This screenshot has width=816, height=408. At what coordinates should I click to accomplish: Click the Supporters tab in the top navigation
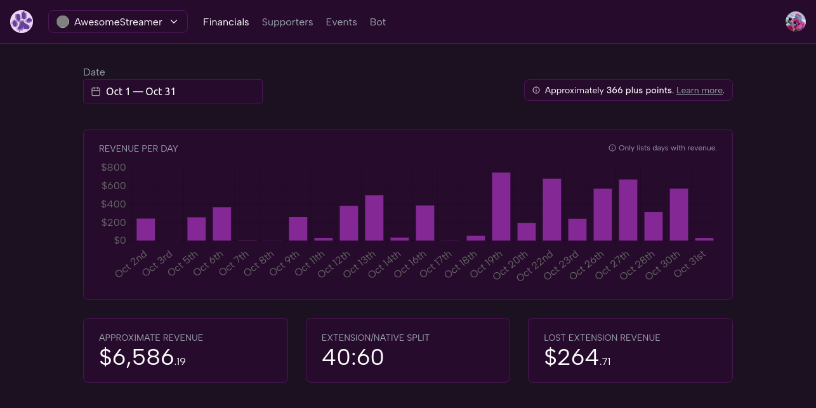(287, 22)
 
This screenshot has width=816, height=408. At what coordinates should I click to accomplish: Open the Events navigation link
(341, 22)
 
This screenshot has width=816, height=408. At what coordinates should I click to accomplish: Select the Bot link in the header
(378, 22)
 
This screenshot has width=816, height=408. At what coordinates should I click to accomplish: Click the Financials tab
(226, 22)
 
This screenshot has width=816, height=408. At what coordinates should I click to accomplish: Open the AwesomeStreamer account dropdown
(118, 22)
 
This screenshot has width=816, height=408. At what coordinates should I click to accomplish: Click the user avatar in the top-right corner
(795, 22)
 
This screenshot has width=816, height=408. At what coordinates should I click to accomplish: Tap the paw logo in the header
(22, 22)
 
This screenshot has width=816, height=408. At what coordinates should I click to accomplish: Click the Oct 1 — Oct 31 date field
(173, 91)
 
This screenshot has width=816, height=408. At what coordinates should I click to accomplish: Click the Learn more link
(699, 91)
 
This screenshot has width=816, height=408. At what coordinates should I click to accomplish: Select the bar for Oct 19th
(501, 206)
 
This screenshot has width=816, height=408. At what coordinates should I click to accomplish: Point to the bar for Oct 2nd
(146, 229)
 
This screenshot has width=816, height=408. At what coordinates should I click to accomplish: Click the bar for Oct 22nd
(552, 209)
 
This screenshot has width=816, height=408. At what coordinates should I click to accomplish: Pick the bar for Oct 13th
(374, 218)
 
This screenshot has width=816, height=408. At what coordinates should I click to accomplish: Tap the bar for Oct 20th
(527, 232)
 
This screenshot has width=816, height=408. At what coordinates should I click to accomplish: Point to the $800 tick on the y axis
(114, 168)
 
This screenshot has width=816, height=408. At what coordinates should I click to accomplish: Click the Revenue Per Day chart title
(138, 148)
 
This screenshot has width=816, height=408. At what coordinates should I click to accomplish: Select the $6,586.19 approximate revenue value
(142, 357)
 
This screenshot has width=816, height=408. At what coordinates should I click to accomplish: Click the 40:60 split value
(353, 357)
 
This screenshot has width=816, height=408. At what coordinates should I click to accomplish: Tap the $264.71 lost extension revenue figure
(577, 357)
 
